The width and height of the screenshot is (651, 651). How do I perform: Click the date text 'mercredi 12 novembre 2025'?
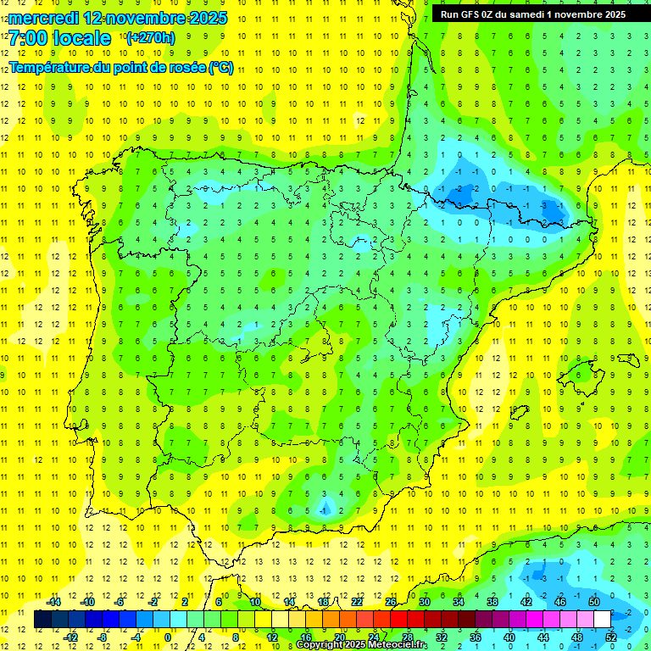pos(118,18)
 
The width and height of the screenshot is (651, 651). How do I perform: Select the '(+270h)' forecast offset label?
pos(150,37)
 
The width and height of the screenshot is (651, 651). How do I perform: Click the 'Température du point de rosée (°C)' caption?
pos(121,68)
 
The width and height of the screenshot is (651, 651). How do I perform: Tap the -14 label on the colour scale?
pos(55,601)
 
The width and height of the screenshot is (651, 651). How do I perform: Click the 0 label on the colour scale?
pos(167,637)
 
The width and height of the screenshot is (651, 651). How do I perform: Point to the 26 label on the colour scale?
pos(391,601)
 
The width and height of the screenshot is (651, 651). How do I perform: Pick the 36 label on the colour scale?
pos(476,637)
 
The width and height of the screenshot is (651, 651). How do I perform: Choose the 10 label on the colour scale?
pos(255,601)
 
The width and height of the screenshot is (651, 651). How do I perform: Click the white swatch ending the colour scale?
pos(603,619)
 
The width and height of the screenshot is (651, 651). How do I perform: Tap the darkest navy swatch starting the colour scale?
pos(43,619)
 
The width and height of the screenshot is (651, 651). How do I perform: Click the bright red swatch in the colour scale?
pos(399,619)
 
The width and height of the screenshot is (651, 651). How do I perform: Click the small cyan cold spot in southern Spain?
pos(325,509)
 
